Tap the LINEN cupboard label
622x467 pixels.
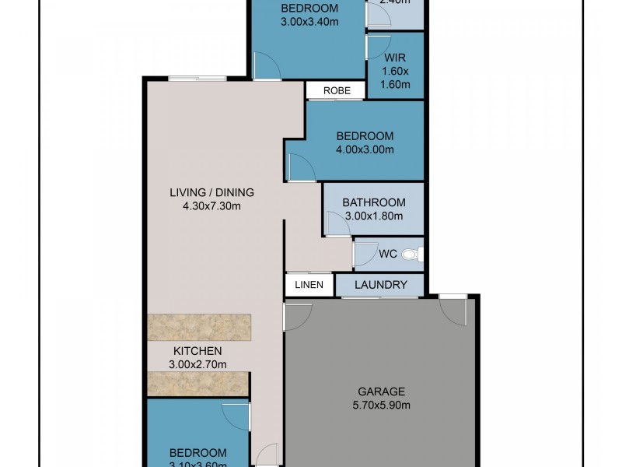click(309, 285)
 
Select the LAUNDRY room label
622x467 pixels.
click(380, 285)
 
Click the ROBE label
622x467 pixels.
click(335, 90)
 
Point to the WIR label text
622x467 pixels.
click(395, 58)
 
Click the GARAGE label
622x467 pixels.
click(381, 392)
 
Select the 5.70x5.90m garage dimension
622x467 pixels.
click(381, 405)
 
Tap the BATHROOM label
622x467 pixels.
click(374, 202)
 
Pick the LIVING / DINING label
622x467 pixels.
click(211, 193)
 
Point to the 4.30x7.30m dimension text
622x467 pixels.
click(211, 206)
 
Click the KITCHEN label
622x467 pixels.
click(197, 351)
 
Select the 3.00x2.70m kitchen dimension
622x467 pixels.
click(197, 364)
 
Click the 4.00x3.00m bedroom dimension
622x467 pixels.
click(365, 149)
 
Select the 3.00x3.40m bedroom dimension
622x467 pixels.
click(309, 22)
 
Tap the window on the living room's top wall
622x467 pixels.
click(197, 78)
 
